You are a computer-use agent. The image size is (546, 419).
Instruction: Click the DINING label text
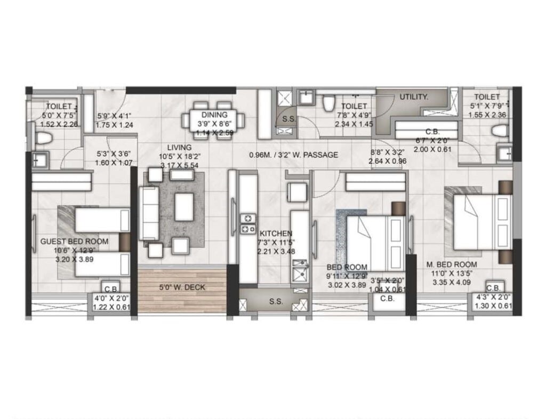coord(214,115)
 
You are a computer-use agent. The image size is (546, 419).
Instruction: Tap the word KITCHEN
coord(276,233)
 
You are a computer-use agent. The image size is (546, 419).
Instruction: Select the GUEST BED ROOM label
coord(74,241)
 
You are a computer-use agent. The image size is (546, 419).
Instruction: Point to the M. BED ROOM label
coord(451,264)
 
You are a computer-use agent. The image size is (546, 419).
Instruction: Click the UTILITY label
coord(414,97)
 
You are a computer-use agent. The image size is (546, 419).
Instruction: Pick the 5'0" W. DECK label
coord(182,288)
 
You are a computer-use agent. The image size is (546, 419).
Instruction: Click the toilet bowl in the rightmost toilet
coord(500,131)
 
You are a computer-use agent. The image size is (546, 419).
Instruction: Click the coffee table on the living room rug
coord(184,207)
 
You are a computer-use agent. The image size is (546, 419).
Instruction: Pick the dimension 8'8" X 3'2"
coord(388,151)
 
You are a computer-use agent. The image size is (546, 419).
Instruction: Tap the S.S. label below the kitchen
coord(276,302)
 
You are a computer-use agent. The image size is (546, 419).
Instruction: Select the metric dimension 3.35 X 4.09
coord(451,283)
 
